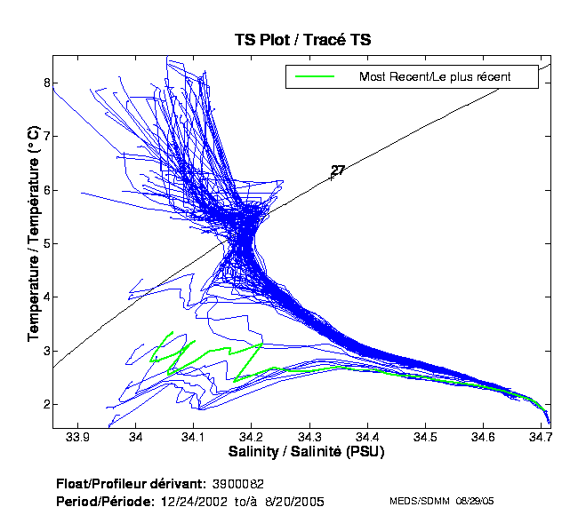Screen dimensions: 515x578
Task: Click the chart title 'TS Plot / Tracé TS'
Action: [301, 40]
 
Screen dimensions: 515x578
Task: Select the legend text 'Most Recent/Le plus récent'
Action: [435, 77]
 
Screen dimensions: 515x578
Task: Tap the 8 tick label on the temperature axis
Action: [45, 82]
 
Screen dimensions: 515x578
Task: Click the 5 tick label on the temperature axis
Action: [45, 243]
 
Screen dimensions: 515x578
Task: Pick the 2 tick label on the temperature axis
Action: [45, 404]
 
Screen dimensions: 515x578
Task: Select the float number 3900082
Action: [237, 484]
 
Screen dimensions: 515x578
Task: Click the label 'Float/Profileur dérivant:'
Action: [132, 484]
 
